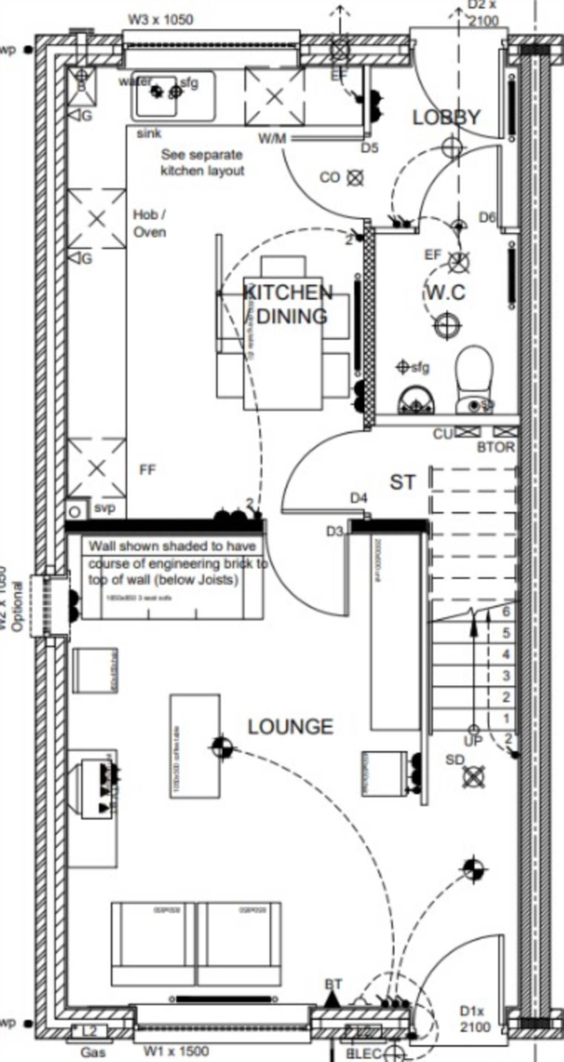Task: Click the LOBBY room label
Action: [x=447, y=117]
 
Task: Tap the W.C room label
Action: [x=446, y=292]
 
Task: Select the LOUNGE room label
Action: [x=290, y=727]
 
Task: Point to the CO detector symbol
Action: [x=355, y=178]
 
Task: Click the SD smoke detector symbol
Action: [x=473, y=777]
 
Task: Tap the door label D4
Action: [x=359, y=498]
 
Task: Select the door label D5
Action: [x=369, y=148]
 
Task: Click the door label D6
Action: [x=487, y=217]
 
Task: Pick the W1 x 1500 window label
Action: [x=176, y=1051]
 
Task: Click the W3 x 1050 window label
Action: [x=161, y=20]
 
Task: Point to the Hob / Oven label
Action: [x=149, y=223]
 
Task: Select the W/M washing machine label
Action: [x=272, y=138]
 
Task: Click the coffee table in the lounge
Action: [x=195, y=746]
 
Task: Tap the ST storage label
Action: [x=402, y=482]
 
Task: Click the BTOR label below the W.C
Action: [x=496, y=447]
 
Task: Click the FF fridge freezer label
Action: [x=148, y=470]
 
